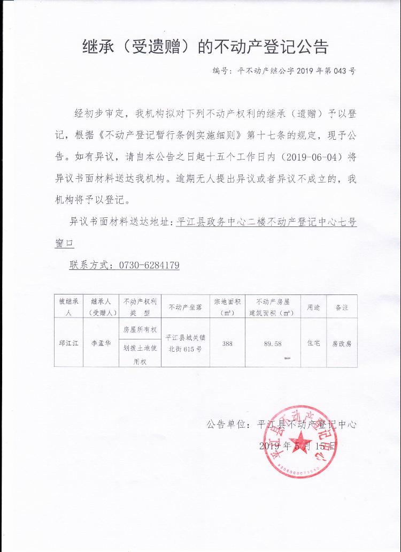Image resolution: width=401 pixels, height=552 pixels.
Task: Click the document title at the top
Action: click(205, 47)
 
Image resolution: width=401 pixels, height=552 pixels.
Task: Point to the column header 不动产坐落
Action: click(184, 307)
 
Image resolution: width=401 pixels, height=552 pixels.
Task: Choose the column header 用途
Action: click(313, 307)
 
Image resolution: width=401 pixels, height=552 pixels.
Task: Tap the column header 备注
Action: click(342, 307)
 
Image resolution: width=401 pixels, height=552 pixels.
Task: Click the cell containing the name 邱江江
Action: click(68, 343)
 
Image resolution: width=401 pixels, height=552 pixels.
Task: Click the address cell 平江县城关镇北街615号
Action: click(184, 343)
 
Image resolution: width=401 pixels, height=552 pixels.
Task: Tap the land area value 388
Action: click(227, 343)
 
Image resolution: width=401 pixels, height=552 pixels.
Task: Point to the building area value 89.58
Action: click(273, 343)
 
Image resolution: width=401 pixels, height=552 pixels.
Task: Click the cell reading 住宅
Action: click(313, 343)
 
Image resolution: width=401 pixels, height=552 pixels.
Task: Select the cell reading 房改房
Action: click(342, 343)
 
